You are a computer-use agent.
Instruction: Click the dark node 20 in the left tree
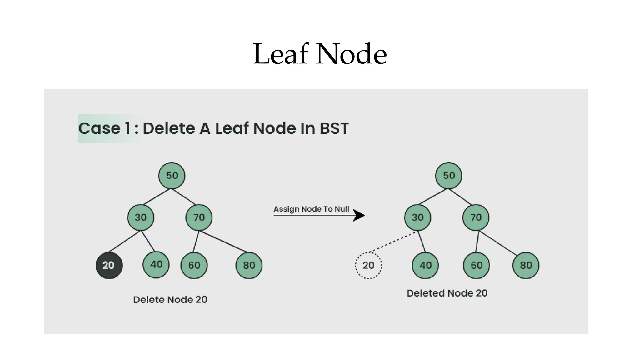tap(109, 265)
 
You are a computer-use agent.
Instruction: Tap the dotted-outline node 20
tap(368, 265)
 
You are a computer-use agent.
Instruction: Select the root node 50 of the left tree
tap(172, 176)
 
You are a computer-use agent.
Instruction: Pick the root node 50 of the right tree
tap(448, 176)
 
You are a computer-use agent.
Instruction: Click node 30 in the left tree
tap(141, 217)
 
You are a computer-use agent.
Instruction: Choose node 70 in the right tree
tap(476, 217)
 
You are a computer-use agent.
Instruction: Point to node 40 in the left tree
tap(156, 265)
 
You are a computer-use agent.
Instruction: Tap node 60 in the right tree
tap(476, 265)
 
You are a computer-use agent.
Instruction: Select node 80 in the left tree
tap(249, 265)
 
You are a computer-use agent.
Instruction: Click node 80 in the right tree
tap(526, 265)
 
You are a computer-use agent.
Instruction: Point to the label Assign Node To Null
tap(311, 209)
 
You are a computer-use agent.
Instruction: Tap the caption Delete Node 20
tap(170, 300)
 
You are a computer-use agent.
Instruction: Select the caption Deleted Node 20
tap(447, 293)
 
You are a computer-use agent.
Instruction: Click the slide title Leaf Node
tap(320, 54)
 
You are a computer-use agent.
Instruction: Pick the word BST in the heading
tap(334, 128)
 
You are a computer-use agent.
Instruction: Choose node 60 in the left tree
tap(194, 265)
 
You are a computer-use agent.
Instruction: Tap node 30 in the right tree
tap(417, 217)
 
